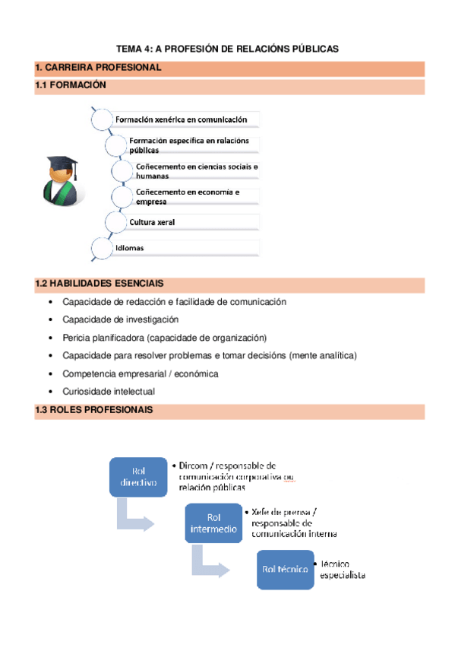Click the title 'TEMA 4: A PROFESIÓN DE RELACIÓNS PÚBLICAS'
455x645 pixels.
click(x=227, y=49)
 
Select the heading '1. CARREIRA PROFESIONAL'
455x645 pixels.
click(x=99, y=68)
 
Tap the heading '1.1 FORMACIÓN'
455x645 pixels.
click(x=71, y=86)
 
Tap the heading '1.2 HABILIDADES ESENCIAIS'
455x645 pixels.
click(x=99, y=284)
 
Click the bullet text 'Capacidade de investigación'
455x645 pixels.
click(x=121, y=319)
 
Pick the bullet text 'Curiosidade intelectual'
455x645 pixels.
click(x=109, y=392)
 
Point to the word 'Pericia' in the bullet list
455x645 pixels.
click(x=77, y=338)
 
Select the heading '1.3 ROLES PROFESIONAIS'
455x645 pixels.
click(x=94, y=410)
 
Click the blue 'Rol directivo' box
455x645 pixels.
click(x=138, y=477)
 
